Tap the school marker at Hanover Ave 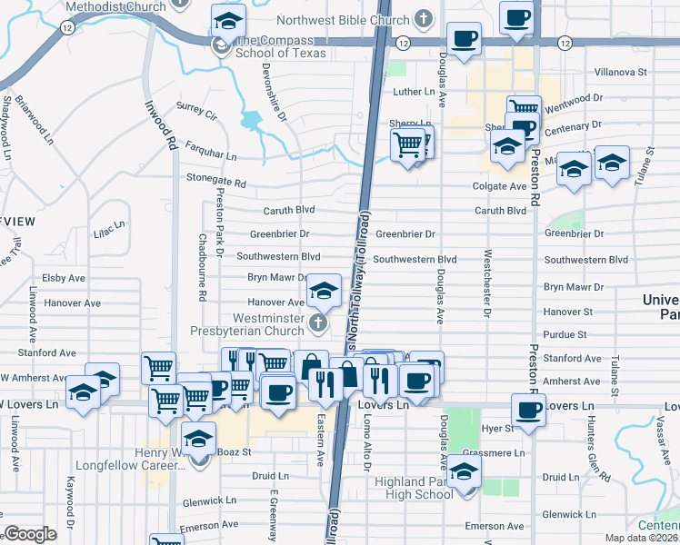click(321, 290)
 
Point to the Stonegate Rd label click(215, 182)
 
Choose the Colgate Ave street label click(499, 186)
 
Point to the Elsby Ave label click(64, 278)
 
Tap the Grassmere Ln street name click(494, 451)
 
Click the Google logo click(30, 534)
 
